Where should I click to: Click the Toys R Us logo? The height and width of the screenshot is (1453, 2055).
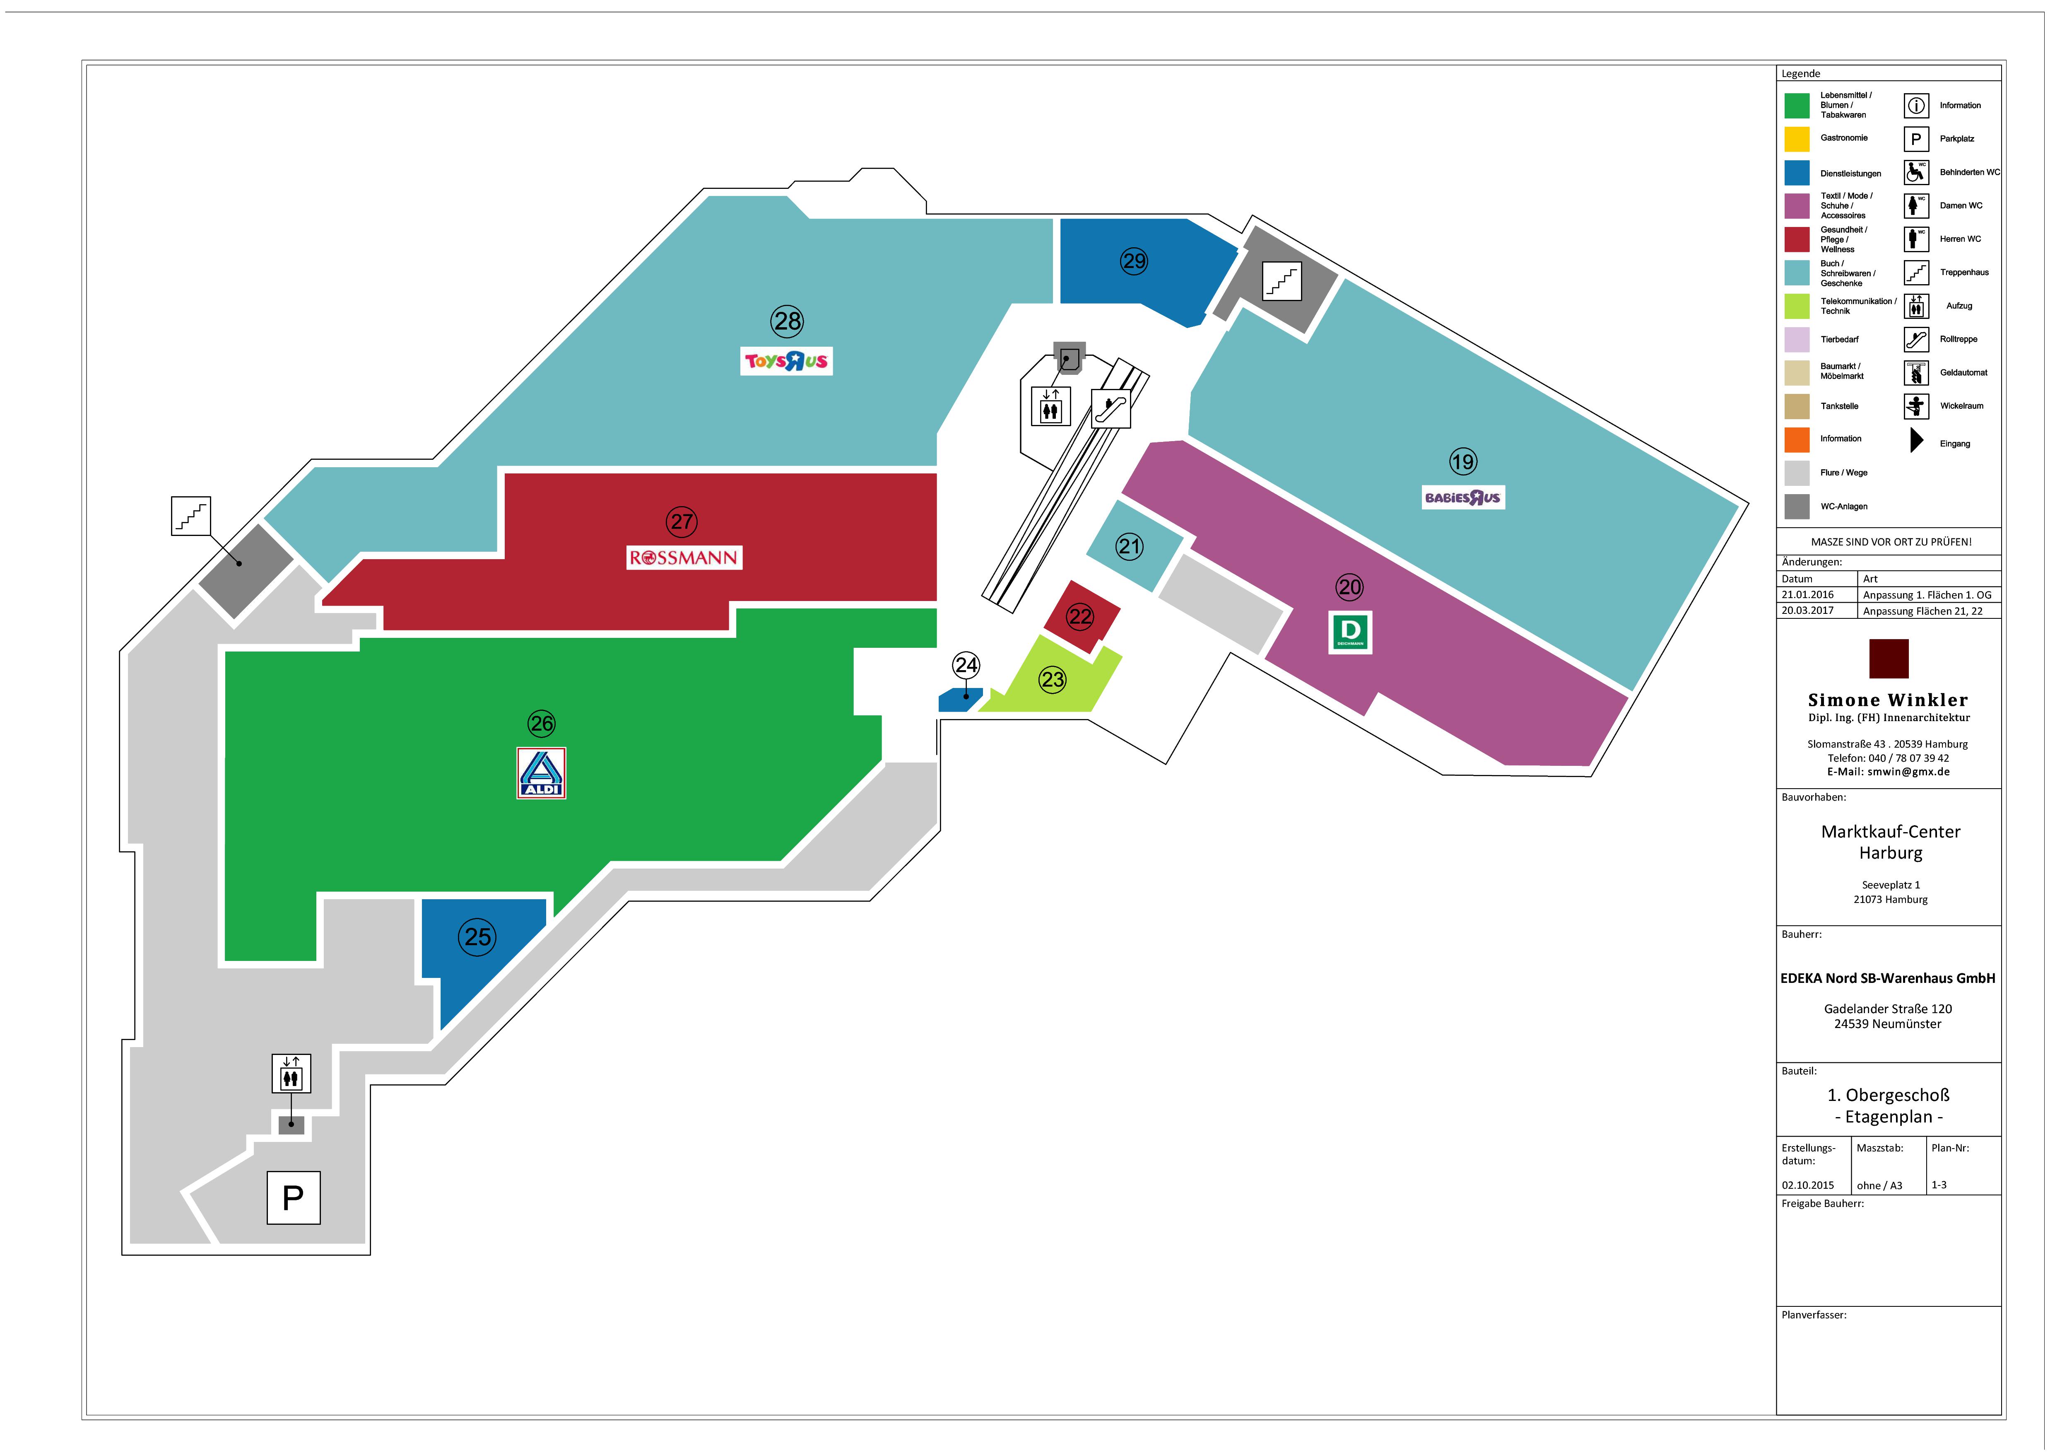pyautogui.click(x=786, y=361)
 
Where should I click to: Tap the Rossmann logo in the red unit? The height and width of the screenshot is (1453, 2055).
pyautogui.click(x=684, y=558)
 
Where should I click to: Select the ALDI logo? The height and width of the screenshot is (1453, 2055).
pyautogui.click(x=542, y=772)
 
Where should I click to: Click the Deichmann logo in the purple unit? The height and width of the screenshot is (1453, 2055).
pyautogui.click(x=1350, y=633)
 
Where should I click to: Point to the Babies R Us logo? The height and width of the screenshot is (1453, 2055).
pyautogui.click(x=1463, y=498)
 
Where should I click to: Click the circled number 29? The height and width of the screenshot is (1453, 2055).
pyautogui.click(x=1134, y=261)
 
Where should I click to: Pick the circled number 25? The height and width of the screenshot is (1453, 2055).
pyautogui.click(x=478, y=937)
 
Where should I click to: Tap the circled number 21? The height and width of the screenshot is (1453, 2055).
pyautogui.click(x=1130, y=546)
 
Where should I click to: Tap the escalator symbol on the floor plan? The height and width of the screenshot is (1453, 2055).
pyautogui.click(x=1111, y=408)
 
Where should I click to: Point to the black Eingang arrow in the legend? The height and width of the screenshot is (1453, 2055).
pyautogui.click(x=1916, y=440)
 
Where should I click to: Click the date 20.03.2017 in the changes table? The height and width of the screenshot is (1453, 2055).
pyautogui.click(x=1807, y=611)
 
